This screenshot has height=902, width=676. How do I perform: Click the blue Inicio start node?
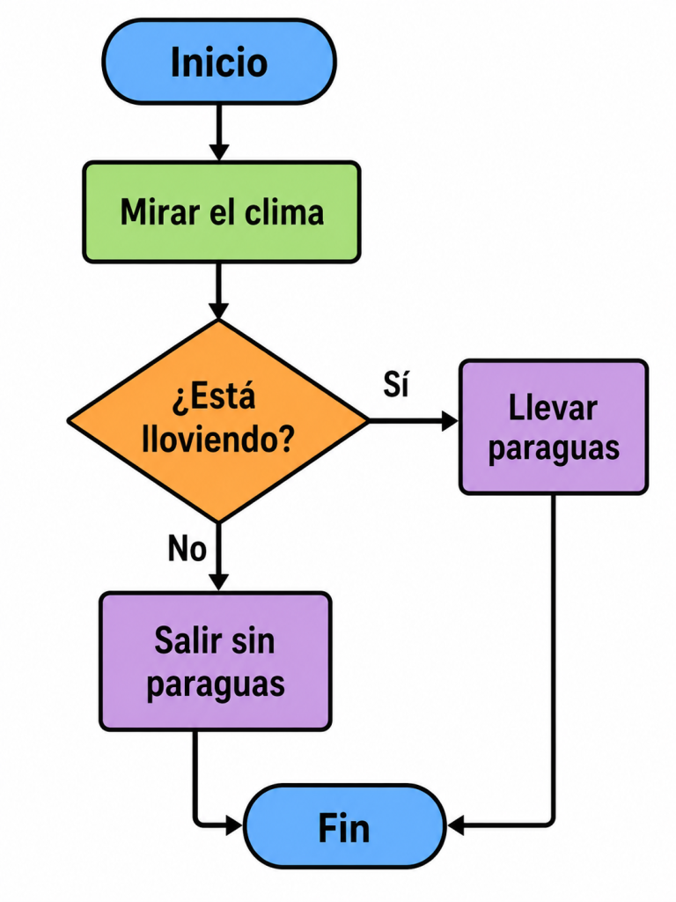pyautogui.click(x=219, y=62)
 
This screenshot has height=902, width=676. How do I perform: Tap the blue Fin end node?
pyautogui.click(x=344, y=826)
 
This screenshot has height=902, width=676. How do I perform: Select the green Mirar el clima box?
pyautogui.click(x=222, y=212)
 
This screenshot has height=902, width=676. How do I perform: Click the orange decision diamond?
pyautogui.click(x=218, y=421)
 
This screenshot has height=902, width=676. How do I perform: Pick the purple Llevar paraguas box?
pyautogui.click(x=554, y=427)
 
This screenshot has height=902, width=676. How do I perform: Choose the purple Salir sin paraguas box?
pyautogui.click(x=216, y=662)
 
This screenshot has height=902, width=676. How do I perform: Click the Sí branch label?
pyautogui.click(x=396, y=384)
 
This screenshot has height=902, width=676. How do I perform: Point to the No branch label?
pyautogui.click(x=187, y=548)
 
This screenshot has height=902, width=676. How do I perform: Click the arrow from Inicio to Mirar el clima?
pyautogui.click(x=218, y=133)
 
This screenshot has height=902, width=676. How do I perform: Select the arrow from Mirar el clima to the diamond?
pyautogui.click(x=218, y=291)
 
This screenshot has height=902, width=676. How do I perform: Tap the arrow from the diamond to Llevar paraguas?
pyautogui.click(x=414, y=421)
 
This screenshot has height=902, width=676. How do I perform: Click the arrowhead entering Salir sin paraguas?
pyautogui.click(x=218, y=582)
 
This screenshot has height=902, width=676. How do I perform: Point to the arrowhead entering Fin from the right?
pyautogui.click(x=456, y=826)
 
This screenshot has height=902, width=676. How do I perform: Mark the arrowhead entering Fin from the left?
pyautogui.click(x=234, y=826)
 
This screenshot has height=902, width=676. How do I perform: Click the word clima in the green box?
pyautogui.click(x=284, y=212)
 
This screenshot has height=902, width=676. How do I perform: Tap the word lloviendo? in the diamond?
pyautogui.click(x=218, y=440)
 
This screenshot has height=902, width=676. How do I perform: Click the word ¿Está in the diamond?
pyautogui.click(x=213, y=396)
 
